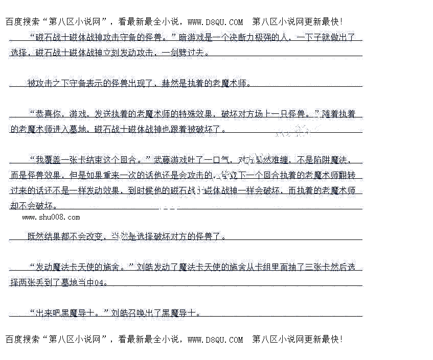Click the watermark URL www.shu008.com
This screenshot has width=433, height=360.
pyautogui.click(x=51, y=218)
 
